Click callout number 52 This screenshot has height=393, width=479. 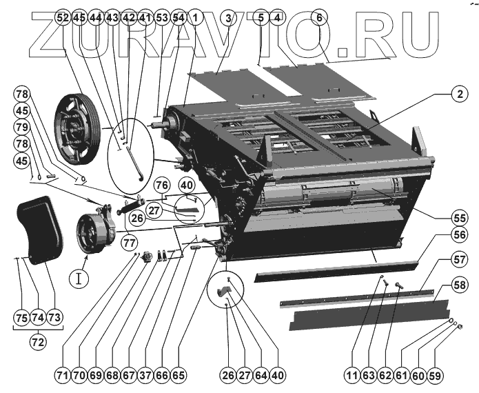tap(64, 17)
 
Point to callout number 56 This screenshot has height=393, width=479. tap(456, 234)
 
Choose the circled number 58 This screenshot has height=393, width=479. tap(456, 284)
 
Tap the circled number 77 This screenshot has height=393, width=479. tap(128, 242)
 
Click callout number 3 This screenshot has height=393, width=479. tap(227, 17)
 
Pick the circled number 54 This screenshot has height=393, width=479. tap(178, 17)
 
